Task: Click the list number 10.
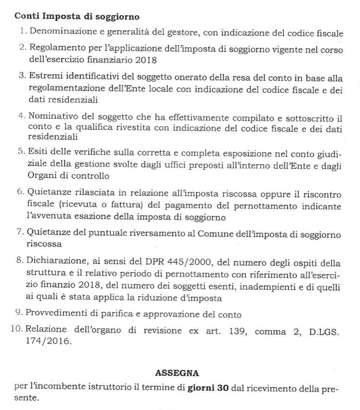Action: coord(17,329)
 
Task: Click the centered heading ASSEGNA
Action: coord(177,372)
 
